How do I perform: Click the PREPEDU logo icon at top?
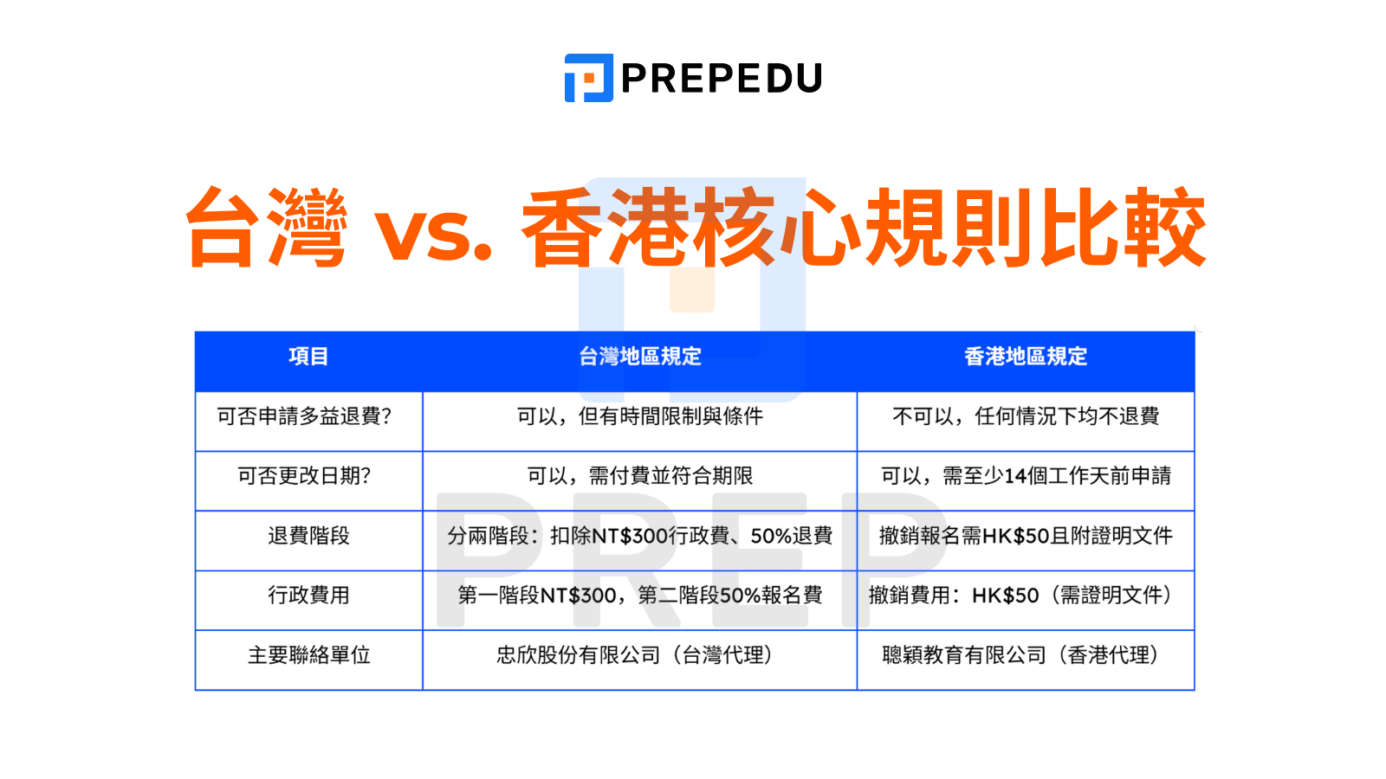(x=589, y=78)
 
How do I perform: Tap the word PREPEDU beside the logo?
(x=722, y=79)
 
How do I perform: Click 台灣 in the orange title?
(x=267, y=228)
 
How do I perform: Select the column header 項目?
(x=308, y=357)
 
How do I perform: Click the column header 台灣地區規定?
(x=640, y=357)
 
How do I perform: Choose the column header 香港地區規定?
(x=1026, y=357)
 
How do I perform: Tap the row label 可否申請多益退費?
(x=305, y=416)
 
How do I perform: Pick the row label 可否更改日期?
(x=305, y=476)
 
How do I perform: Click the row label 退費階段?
(x=308, y=536)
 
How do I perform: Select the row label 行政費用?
(x=308, y=596)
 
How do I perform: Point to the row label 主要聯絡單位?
(x=308, y=655)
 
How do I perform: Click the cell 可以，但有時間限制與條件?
(x=640, y=416)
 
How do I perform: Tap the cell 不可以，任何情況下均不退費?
(x=1026, y=416)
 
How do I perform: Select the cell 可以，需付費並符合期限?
(x=640, y=476)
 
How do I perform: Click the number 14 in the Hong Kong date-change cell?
(x=1015, y=476)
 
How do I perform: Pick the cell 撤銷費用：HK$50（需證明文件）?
(x=1026, y=596)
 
